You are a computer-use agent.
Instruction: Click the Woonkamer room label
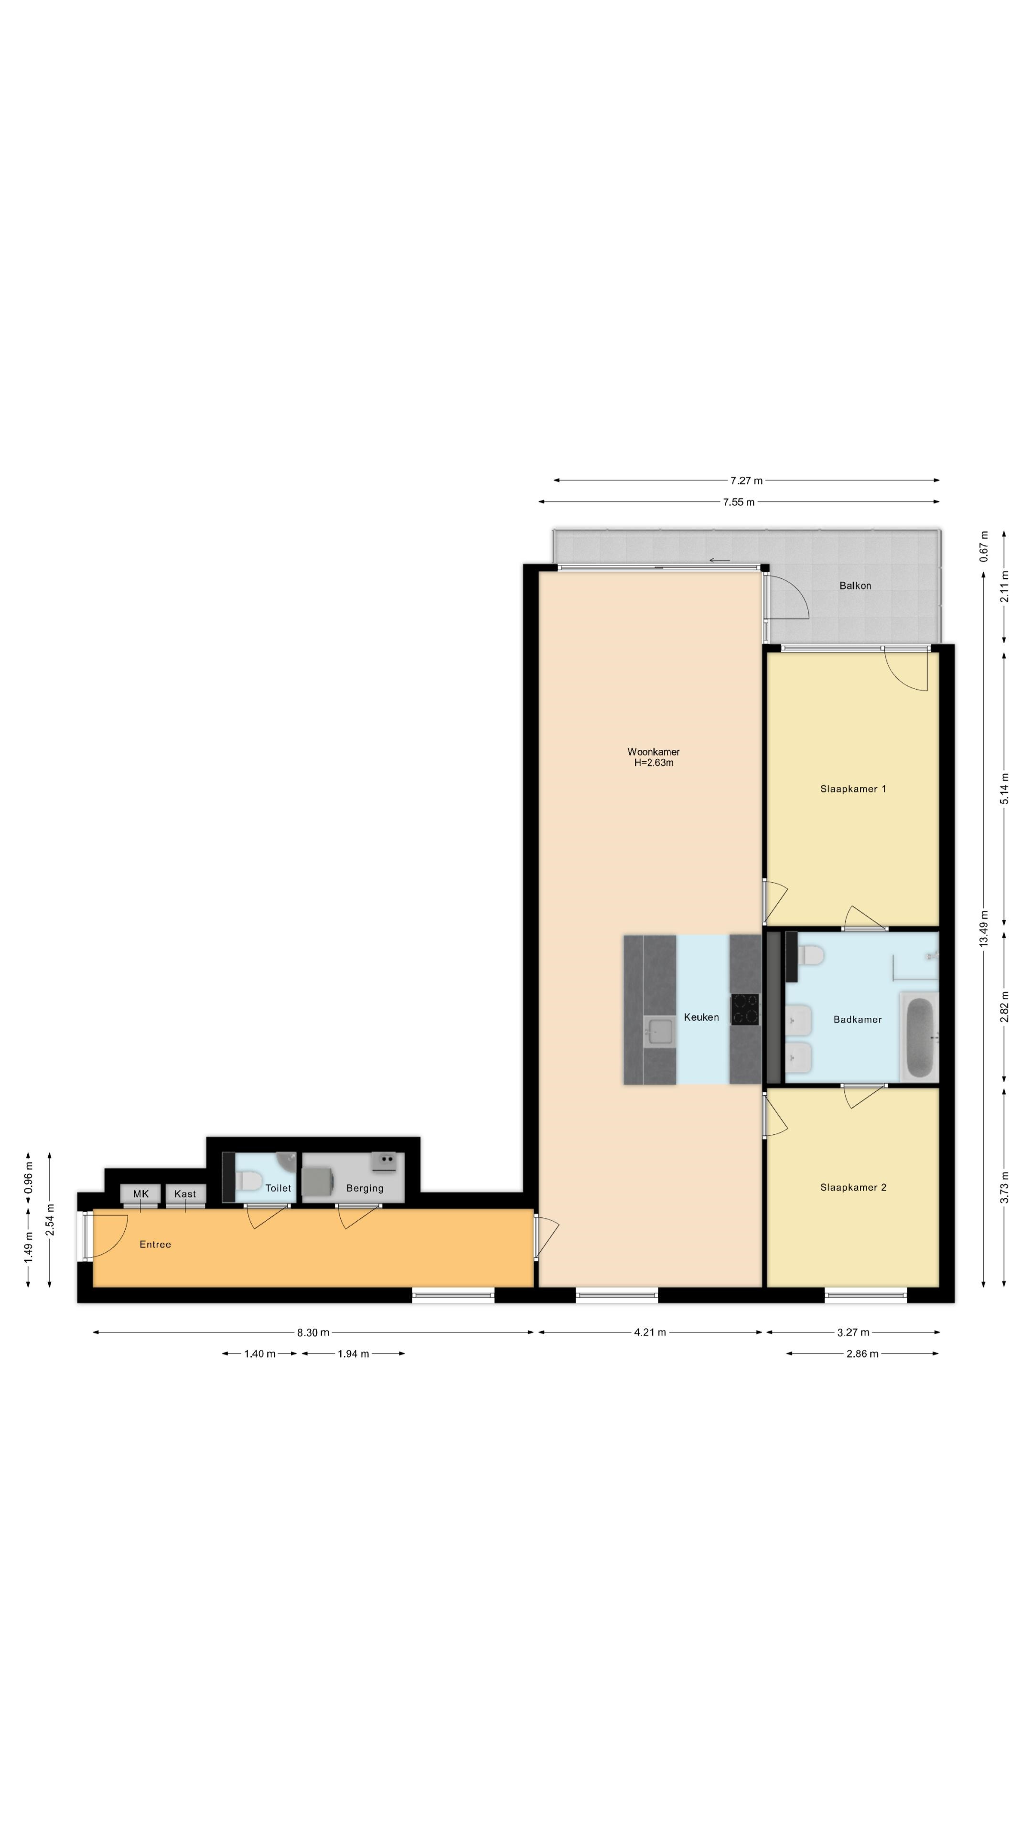click(x=653, y=751)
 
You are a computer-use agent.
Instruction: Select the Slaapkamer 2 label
click(x=852, y=1187)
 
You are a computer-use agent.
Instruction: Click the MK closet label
click(x=140, y=1193)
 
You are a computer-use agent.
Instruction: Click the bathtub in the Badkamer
click(x=919, y=1037)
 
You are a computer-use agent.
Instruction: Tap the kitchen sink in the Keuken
click(x=659, y=1032)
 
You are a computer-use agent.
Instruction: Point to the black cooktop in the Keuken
click(x=745, y=1009)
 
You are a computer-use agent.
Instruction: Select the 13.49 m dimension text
click(x=984, y=928)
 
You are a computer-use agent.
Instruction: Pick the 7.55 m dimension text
click(x=739, y=502)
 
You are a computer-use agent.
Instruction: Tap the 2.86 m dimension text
click(x=862, y=1354)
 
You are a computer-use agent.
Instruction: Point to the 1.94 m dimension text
click(x=353, y=1354)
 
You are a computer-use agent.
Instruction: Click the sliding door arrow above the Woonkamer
click(x=720, y=560)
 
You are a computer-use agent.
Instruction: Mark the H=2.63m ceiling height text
click(x=654, y=763)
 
